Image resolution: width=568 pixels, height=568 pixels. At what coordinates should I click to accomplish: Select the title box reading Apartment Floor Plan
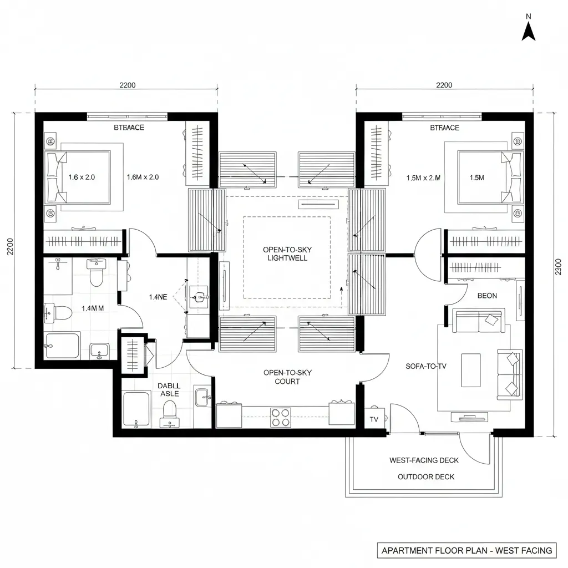[x=466, y=550]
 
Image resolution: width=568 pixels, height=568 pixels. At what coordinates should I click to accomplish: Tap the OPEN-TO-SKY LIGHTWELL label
[x=285, y=253]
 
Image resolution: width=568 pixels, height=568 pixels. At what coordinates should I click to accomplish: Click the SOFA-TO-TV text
[x=427, y=366]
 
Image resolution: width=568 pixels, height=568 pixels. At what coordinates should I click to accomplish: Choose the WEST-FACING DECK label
[x=424, y=460]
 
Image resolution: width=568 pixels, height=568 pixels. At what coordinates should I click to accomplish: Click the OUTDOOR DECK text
[x=426, y=476]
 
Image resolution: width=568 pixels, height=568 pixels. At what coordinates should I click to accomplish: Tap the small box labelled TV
[x=374, y=420]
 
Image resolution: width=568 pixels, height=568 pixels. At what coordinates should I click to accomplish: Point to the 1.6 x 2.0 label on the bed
[x=82, y=177]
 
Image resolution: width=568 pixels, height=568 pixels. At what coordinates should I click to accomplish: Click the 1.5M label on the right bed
[x=476, y=177]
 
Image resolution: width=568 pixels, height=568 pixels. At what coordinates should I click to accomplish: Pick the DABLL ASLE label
[x=169, y=389]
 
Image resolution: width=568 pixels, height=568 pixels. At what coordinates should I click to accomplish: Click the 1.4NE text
[x=158, y=297]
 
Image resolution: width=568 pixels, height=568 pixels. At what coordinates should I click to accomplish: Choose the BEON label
[x=487, y=296]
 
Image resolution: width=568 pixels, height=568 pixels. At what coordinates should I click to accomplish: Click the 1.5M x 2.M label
[x=423, y=177]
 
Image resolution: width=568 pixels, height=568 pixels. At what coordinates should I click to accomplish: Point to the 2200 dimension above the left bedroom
[x=128, y=85]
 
